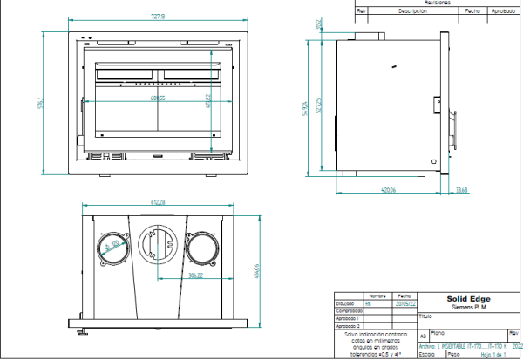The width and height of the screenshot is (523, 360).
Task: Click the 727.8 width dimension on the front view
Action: tap(157, 15)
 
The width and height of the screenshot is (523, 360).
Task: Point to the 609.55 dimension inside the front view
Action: tap(157, 98)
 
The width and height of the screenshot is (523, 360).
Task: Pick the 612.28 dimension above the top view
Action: tap(158, 202)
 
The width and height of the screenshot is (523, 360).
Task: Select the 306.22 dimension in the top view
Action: tap(195, 275)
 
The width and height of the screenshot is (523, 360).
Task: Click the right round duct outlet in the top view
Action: tap(200, 248)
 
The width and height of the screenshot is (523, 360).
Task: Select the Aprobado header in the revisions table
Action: tap(505, 11)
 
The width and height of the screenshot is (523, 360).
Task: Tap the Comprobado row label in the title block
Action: tap(349, 311)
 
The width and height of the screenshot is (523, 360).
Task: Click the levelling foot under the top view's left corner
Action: tap(80, 329)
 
